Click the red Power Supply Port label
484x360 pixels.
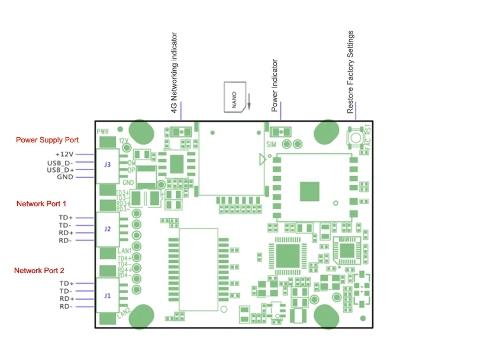click(47, 140)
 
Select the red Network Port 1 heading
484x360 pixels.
click(41, 204)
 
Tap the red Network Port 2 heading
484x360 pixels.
click(39, 270)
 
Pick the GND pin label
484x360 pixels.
click(65, 177)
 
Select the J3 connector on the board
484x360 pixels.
click(108, 165)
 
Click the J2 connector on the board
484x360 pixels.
click(108, 229)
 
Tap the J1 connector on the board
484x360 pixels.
click(108, 295)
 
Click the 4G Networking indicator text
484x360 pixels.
click(175, 74)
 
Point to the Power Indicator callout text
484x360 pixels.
click(275, 86)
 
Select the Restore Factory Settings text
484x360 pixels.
click(350, 73)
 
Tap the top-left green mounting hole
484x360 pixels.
click(140, 132)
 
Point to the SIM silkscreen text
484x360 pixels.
click(272, 144)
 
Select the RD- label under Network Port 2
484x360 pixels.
click(66, 306)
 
